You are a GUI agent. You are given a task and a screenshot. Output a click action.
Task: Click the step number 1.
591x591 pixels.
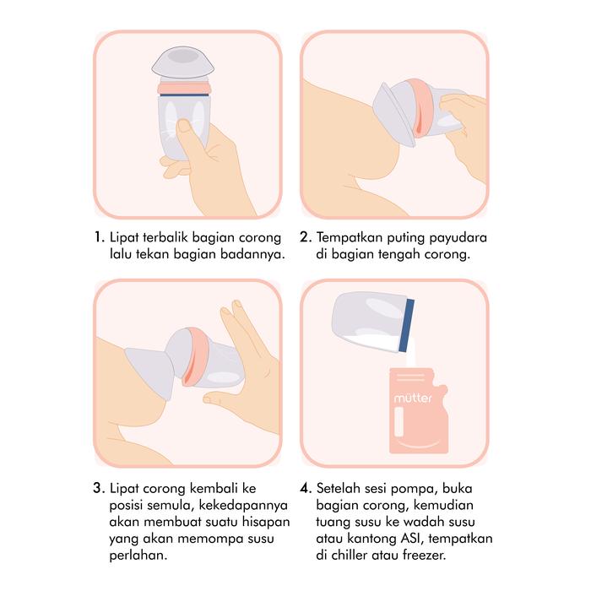99,237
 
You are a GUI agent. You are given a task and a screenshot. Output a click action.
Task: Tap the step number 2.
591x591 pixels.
306,237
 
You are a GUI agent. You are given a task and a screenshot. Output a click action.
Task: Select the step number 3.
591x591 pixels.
99,489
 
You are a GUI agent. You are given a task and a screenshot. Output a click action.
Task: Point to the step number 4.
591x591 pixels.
306,489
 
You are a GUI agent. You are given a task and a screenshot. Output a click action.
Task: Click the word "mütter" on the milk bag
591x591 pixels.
413,398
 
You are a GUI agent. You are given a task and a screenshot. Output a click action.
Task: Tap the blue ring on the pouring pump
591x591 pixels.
407,325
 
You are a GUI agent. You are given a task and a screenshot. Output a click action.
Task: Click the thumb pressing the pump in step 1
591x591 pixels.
187,137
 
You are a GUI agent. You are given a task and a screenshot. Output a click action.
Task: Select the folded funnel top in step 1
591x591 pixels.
183,62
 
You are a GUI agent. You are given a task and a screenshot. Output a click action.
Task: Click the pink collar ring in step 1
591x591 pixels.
183,88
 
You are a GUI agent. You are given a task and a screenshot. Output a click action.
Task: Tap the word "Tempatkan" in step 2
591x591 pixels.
350,238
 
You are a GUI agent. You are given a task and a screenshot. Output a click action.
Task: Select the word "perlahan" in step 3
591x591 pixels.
138,556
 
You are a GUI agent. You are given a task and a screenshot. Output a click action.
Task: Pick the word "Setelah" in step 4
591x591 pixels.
338,489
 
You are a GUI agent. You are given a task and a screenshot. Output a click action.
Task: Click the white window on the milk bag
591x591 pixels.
399,422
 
